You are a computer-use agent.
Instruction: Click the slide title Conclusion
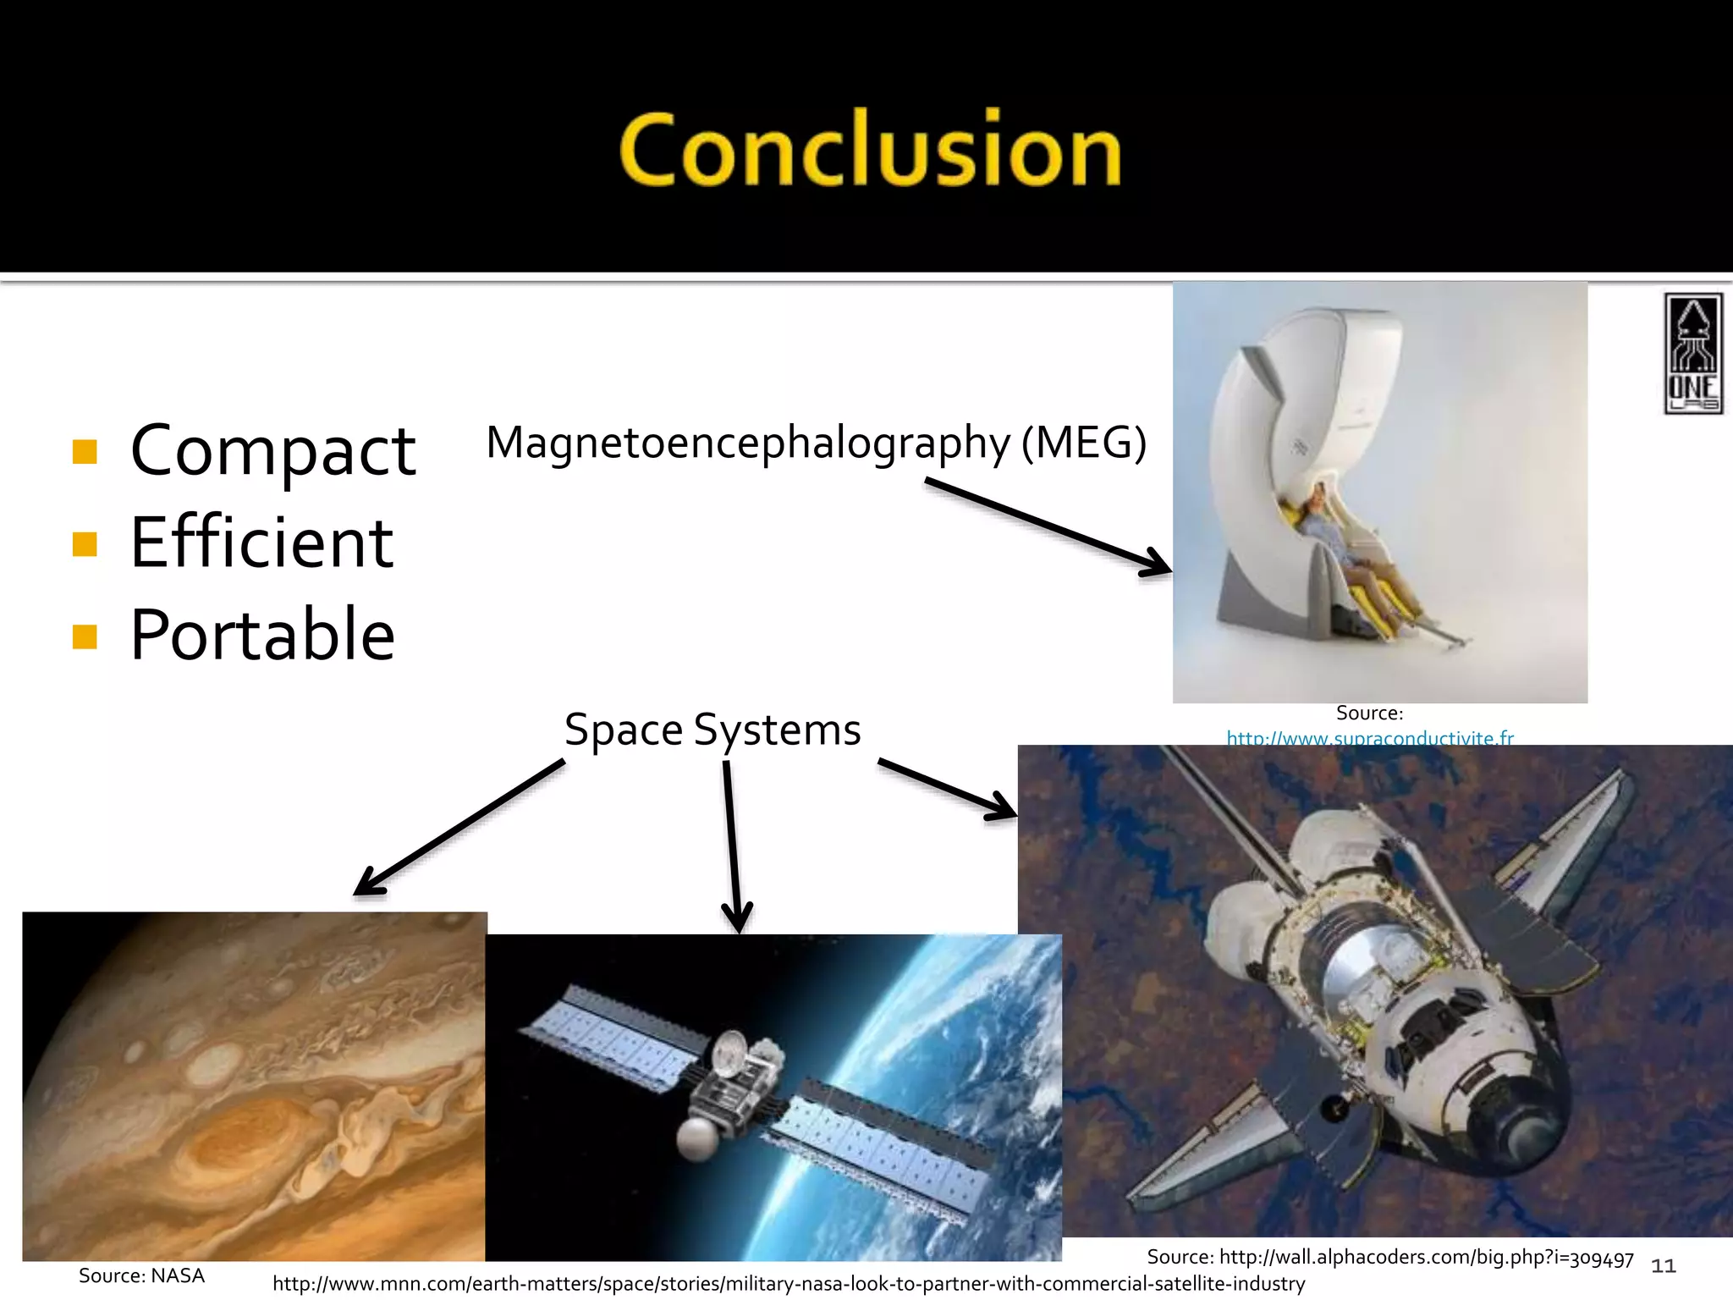[870, 151]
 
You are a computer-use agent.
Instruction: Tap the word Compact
[272, 451]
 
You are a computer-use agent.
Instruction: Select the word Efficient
[261, 543]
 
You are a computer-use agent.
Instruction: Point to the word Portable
[262, 635]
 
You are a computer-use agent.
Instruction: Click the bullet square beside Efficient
[85, 543]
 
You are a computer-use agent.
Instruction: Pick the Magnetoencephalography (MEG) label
[816, 443]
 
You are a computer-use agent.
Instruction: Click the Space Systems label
[712, 730]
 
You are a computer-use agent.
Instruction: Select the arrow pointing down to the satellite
[733, 846]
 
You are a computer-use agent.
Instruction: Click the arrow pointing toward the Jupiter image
[457, 828]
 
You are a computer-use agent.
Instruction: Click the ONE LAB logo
[1692, 354]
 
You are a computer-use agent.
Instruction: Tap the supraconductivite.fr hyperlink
[1370, 738]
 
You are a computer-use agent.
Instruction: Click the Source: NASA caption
[141, 1275]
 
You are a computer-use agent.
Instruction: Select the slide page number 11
[1663, 1266]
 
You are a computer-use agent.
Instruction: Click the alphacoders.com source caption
[1389, 1258]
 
